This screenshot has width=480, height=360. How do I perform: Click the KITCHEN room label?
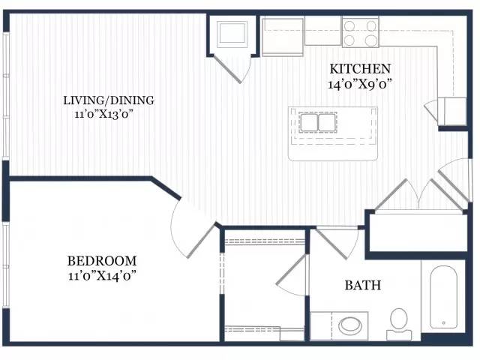tap(360, 68)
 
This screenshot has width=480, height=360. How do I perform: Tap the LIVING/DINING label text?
tap(109, 100)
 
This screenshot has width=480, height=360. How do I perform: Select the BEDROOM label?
tap(102, 261)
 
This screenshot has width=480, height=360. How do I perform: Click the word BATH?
tap(363, 285)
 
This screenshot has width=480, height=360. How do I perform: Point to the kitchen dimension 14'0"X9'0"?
tap(360, 84)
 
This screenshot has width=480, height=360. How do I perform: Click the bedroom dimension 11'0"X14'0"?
tap(102, 276)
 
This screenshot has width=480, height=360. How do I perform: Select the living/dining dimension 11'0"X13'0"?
tap(105, 115)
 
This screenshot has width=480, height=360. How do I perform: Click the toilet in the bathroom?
tap(399, 324)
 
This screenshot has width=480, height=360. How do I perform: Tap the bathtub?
tap(443, 297)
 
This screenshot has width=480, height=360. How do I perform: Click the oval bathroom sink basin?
tap(350, 325)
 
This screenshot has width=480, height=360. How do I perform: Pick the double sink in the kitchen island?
tap(318, 122)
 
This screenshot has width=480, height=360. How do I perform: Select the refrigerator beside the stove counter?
tap(283, 37)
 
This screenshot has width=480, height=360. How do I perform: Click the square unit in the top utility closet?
tap(232, 34)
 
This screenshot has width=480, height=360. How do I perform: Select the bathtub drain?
tap(443, 322)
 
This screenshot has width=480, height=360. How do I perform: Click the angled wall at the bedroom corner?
tap(166, 188)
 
